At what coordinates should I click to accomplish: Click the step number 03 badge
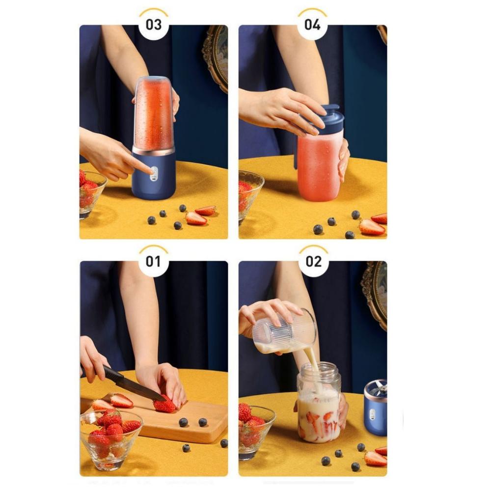point(154,25)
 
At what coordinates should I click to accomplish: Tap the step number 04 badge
point(312,25)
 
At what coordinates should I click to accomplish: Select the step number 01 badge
point(153,262)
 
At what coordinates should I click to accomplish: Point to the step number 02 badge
point(313,262)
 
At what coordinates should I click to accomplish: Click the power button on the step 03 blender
point(153,172)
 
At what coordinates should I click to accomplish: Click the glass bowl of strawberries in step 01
point(111,440)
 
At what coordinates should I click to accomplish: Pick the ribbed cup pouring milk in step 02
point(283,331)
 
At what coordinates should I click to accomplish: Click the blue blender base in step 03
point(153,173)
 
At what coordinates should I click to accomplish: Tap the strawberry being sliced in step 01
point(165,405)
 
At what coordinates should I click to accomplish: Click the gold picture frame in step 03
point(217,56)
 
